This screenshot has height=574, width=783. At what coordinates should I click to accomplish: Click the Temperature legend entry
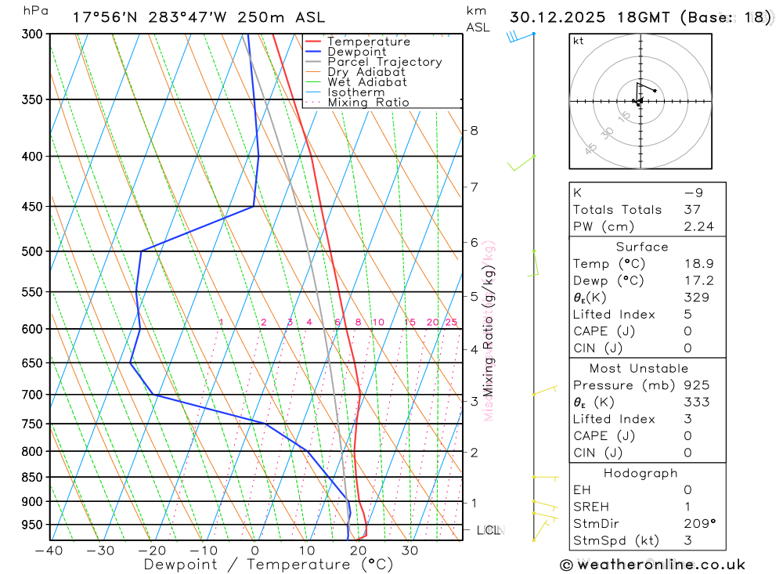368,42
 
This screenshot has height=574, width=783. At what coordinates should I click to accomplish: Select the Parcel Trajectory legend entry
384,62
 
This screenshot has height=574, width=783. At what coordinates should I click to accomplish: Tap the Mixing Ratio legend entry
368,103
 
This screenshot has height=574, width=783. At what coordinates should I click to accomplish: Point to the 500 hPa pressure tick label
32,251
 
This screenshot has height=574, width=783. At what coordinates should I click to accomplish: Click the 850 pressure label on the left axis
32,477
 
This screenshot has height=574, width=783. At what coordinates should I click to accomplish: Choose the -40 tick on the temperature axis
49,551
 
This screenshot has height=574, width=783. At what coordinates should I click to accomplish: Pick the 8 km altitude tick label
474,130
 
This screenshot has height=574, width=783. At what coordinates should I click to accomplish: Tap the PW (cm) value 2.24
698,227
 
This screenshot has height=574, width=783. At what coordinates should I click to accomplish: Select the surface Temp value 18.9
698,264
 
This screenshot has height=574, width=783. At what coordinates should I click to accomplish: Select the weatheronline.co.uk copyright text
652,565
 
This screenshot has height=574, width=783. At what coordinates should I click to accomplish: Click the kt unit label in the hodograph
579,41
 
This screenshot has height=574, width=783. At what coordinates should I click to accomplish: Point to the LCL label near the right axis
489,530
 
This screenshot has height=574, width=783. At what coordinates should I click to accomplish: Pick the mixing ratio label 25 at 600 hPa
451,323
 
